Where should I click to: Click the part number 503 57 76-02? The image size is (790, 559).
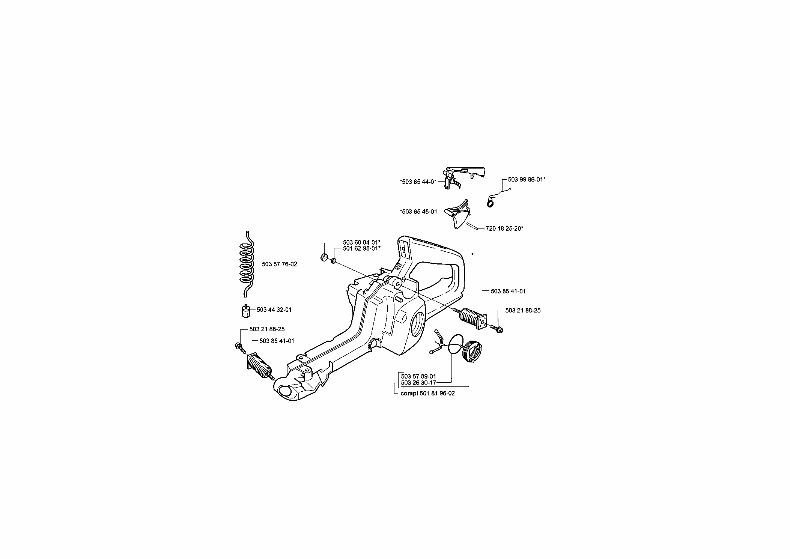pos(279,264)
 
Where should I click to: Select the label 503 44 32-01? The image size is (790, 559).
pos(274,310)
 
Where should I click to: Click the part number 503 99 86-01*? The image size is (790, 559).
pos(527,179)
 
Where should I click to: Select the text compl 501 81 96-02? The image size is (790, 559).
pos(428,394)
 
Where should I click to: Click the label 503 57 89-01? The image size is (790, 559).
pos(418,376)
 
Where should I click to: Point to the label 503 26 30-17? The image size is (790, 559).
pos(418,383)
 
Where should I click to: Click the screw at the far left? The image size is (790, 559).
pos(240,347)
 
